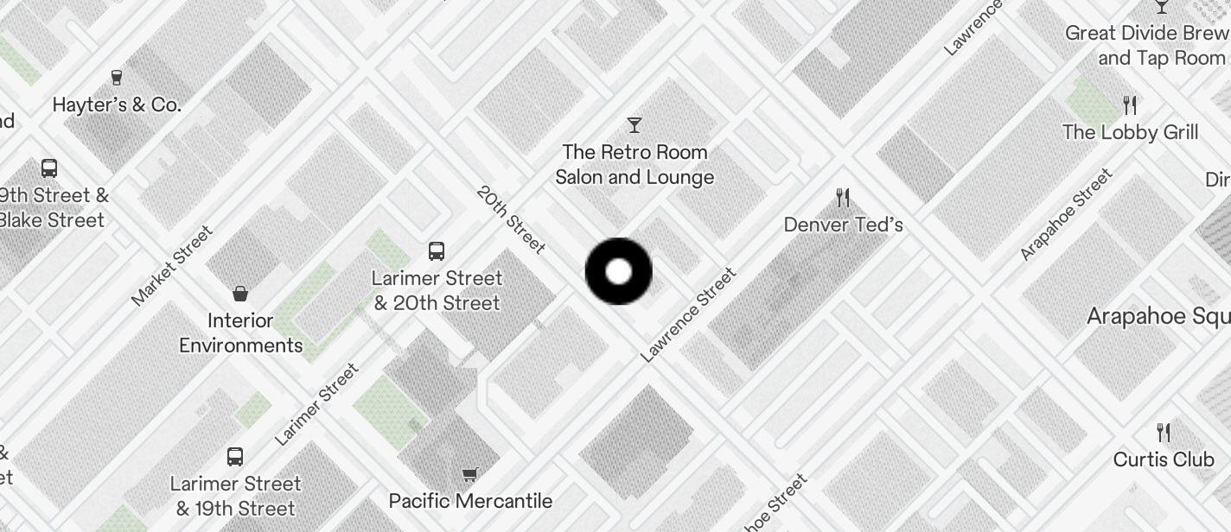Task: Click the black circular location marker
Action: (618, 271)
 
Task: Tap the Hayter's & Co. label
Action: (117, 105)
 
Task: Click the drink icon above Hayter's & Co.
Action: (117, 79)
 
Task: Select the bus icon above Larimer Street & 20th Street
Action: (437, 251)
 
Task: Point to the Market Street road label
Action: (171, 265)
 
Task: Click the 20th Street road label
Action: (511, 219)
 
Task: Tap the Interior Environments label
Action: (240, 333)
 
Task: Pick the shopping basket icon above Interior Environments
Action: (240, 294)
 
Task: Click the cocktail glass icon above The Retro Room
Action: (635, 125)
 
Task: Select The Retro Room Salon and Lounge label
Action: (635, 164)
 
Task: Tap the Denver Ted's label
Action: (843, 225)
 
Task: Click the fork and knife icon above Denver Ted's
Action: (843, 198)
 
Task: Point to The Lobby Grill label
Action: (1130, 132)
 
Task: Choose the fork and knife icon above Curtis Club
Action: (1164, 432)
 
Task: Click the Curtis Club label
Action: (1164, 459)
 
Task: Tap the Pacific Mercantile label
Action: (470, 501)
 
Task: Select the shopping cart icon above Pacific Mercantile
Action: (469, 474)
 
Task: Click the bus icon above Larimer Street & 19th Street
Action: (234, 457)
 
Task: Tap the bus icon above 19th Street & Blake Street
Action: (49, 168)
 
